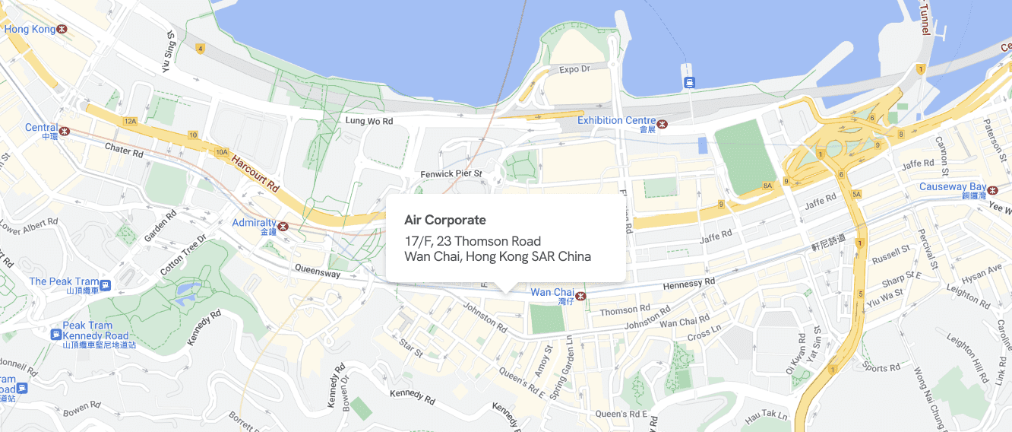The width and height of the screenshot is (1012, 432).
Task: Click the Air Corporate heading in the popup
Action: [x=444, y=221]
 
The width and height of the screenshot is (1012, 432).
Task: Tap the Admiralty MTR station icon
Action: [x=283, y=226]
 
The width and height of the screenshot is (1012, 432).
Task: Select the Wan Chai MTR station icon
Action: [x=581, y=295]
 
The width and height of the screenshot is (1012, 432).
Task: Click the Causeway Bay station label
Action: [x=953, y=186]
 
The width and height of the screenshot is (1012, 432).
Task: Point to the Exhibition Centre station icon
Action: [x=663, y=123]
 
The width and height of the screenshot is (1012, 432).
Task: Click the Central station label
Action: [x=41, y=128]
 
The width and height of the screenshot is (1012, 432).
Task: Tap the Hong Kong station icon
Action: [x=62, y=29]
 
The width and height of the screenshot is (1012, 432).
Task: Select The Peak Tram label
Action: [x=64, y=281]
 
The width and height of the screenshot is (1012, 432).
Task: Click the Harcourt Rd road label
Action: [x=257, y=174]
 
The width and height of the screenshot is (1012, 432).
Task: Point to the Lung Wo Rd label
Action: [x=369, y=121]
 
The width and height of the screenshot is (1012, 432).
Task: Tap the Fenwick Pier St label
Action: [x=451, y=174]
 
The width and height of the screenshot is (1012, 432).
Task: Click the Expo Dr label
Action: [x=574, y=69]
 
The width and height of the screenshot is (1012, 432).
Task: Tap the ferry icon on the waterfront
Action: [x=689, y=82]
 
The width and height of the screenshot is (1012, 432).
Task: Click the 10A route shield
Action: [x=222, y=152]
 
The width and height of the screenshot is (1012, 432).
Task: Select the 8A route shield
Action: [x=767, y=185]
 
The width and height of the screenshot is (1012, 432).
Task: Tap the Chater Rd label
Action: [x=124, y=151]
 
